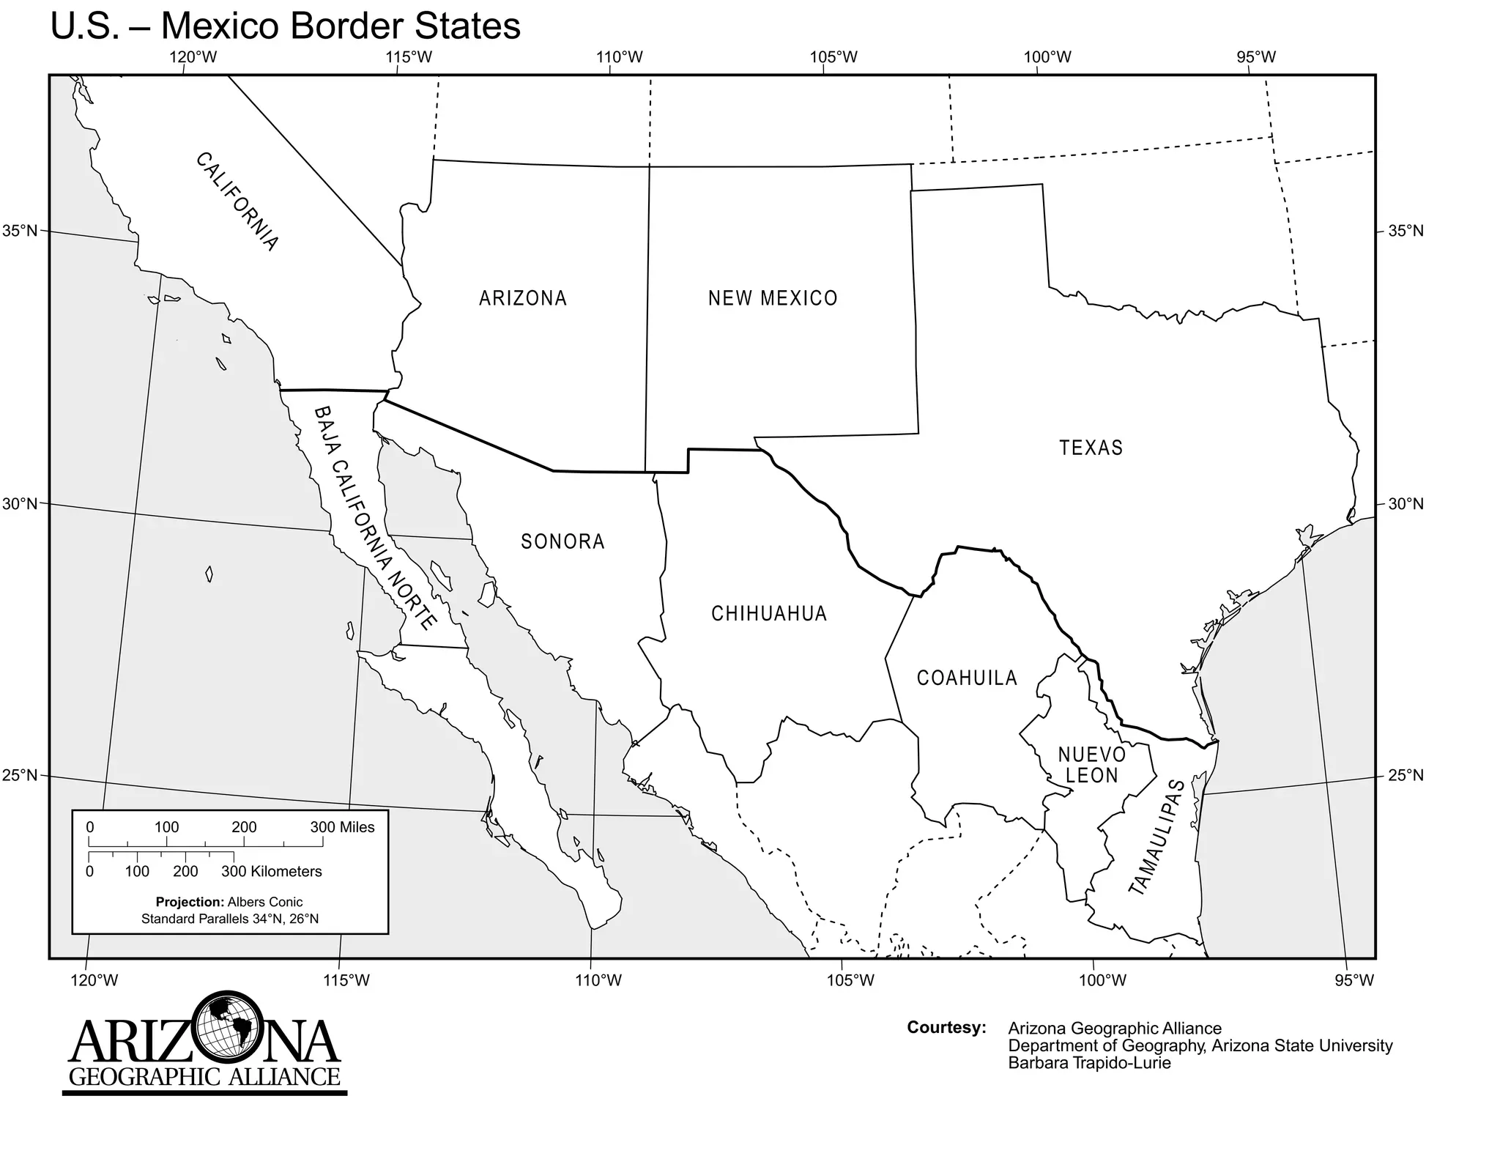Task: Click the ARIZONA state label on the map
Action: coord(523,298)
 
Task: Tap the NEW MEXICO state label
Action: coord(773,298)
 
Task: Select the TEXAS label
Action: coord(1091,448)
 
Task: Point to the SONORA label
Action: coord(562,541)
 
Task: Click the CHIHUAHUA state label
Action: coord(769,613)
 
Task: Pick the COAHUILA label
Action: coord(967,678)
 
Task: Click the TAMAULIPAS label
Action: coord(1157,837)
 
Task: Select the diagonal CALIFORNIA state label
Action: coord(237,201)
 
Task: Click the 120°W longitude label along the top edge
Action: coord(193,57)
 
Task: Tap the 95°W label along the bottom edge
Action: coord(1354,980)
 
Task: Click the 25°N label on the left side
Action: coord(20,776)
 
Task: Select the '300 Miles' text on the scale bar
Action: coord(342,827)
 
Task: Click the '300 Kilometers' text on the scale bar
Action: coord(272,871)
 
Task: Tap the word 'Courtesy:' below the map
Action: coord(946,1027)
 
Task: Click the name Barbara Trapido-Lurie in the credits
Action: coord(1089,1063)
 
